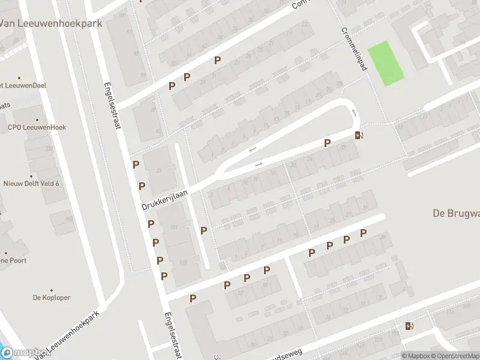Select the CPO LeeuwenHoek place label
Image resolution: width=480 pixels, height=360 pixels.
coord(37,127)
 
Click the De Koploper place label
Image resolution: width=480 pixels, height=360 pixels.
coord(52,297)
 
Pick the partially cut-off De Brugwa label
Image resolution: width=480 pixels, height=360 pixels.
coord(456,212)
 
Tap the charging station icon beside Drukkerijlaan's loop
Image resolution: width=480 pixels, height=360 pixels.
coord(359,135)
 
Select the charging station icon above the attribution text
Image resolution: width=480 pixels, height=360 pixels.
coord(409,326)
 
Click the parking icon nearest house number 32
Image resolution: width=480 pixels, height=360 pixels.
coord(327,143)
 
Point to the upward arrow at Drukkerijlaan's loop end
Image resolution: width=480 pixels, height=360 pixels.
coord(354,112)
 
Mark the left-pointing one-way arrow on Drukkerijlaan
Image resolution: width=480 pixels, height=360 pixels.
coord(253,149)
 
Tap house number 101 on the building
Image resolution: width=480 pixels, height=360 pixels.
coord(175,227)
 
